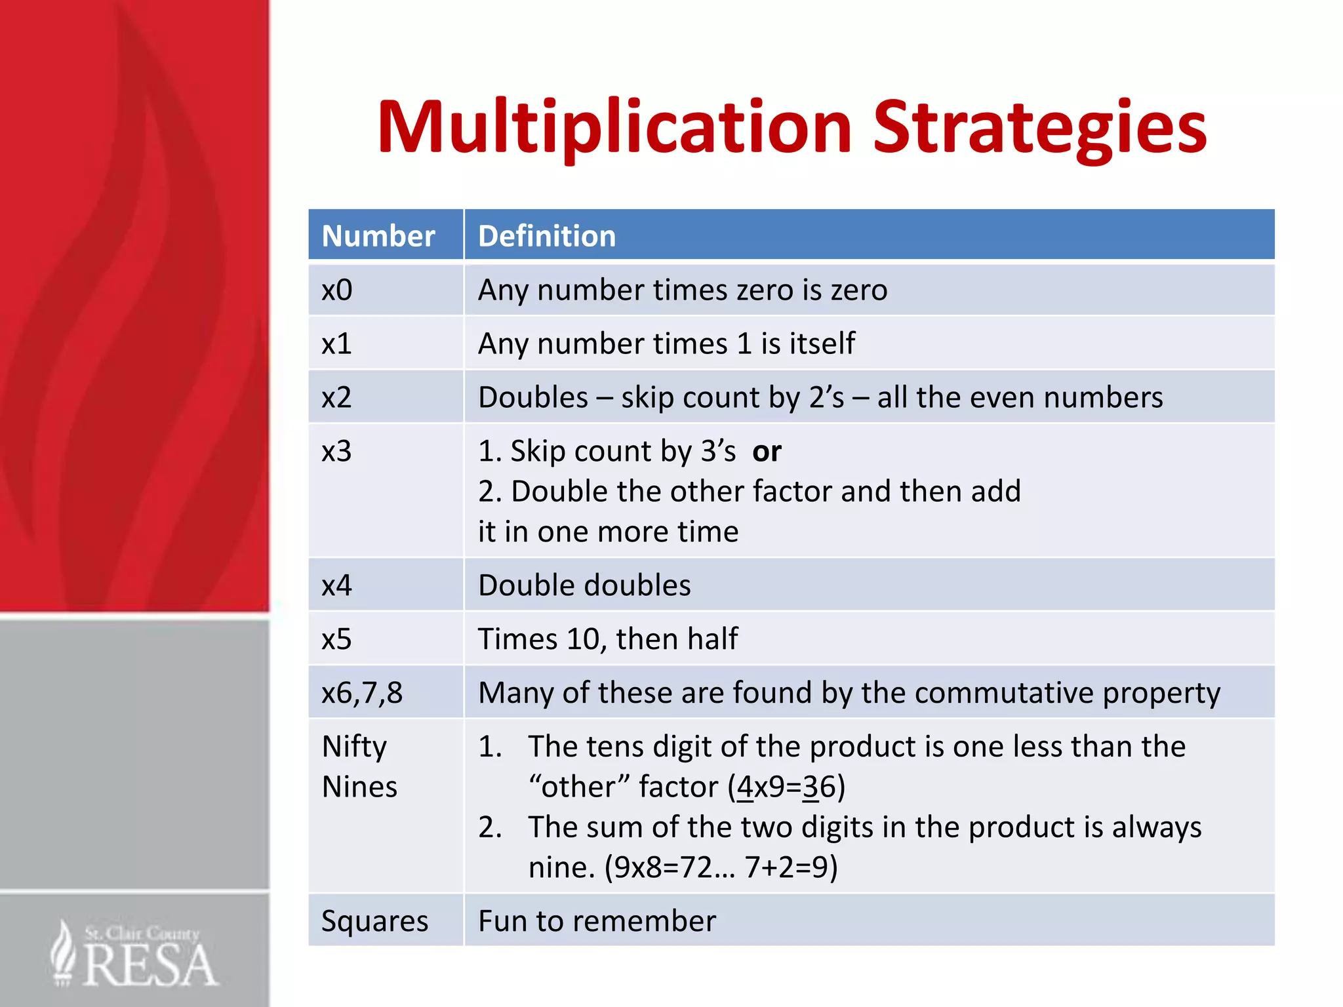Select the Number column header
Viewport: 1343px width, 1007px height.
pyautogui.click(x=378, y=236)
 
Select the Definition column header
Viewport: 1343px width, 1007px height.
pyautogui.click(x=547, y=236)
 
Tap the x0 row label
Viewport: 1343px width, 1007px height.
pyautogui.click(x=337, y=290)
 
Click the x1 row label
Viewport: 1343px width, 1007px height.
pyautogui.click(x=336, y=344)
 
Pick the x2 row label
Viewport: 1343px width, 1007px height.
pyautogui.click(x=336, y=397)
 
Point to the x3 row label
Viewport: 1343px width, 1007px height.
pyautogui.click(x=336, y=451)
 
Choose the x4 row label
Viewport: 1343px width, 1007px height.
pyautogui.click(x=336, y=585)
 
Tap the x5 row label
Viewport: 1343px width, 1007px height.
pyautogui.click(x=336, y=639)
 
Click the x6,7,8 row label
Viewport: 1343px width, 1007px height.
pyautogui.click(x=362, y=693)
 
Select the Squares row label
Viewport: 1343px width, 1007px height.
pyautogui.click(x=374, y=921)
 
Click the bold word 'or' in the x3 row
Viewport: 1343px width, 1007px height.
pyautogui.click(x=767, y=452)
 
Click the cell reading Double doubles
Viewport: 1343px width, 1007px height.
pyautogui.click(x=584, y=585)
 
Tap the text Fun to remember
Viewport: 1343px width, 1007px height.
pyautogui.click(x=597, y=921)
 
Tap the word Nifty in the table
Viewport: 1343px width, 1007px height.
pyautogui.click(x=354, y=747)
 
